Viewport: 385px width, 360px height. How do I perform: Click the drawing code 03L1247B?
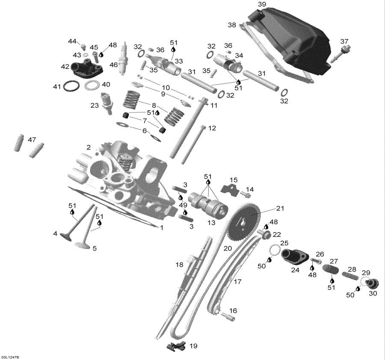coord(12,357)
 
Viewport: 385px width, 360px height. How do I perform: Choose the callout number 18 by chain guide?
coord(179,265)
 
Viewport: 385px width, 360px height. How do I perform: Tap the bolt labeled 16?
coord(228,317)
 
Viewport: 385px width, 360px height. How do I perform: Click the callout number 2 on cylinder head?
coord(89,147)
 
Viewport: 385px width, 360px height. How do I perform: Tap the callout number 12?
coord(212,128)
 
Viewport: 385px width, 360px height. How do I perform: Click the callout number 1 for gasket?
coord(161,228)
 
